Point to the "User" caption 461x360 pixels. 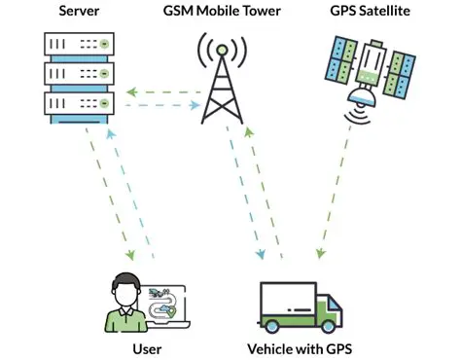click(146, 347)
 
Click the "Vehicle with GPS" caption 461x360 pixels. click(303, 347)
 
